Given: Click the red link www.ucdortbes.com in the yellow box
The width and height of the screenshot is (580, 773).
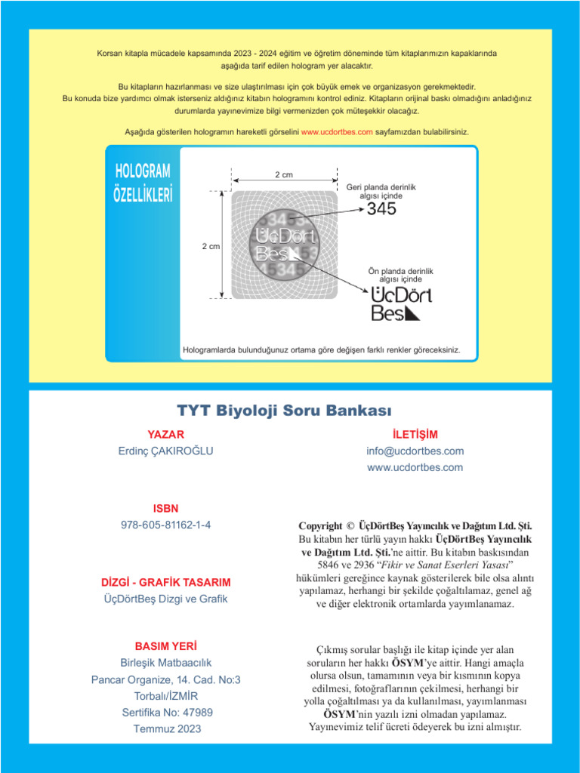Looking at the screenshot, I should tap(337, 132).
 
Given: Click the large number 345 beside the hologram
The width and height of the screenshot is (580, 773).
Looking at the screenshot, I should tap(381, 209).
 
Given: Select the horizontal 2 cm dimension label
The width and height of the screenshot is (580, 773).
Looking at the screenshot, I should tap(283, 175).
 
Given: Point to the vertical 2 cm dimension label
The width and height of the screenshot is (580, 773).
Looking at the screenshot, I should tap(211, 247).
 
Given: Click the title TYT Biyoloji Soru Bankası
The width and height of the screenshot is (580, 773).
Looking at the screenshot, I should tap(285, 411).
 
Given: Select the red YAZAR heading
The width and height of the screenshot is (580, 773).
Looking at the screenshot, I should tap(165, 434).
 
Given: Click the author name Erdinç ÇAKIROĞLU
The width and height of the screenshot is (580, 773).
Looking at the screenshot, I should tap(165, 451).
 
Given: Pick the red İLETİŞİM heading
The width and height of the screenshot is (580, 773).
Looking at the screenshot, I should tap(415, 434).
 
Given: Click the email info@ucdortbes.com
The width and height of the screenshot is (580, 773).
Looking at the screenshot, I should tap(415, 451).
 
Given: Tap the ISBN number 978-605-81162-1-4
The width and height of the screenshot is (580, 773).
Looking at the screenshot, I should tap(165, 525).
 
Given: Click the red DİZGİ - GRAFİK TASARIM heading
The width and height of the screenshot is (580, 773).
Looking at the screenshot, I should tap(165, 583).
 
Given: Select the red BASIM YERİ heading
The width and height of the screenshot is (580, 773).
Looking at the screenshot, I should tap(165, 646).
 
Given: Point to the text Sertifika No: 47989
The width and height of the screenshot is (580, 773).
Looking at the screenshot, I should tap(167, 712).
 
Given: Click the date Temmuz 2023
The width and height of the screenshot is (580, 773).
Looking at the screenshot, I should tap(167, 728).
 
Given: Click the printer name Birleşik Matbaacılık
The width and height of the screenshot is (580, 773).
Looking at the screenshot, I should tap(166, 663).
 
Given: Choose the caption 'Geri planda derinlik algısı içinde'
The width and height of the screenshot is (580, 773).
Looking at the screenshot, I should tap(381, 191).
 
